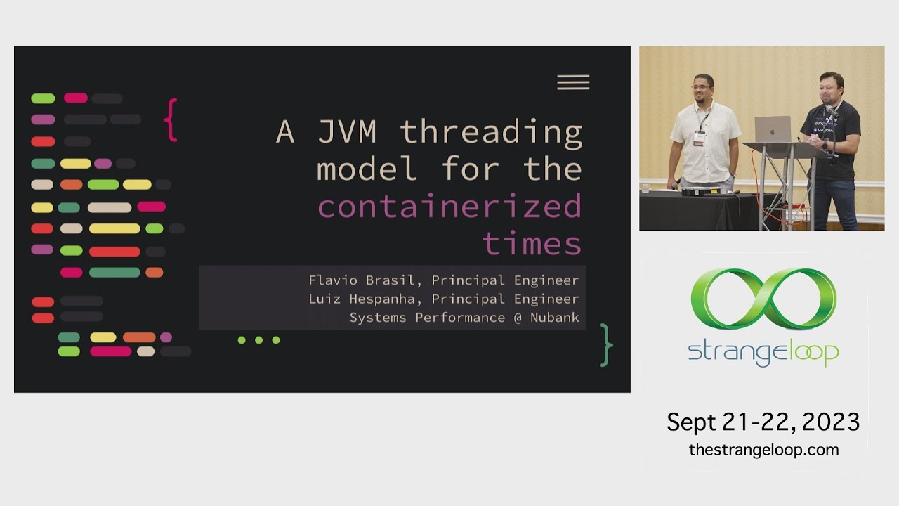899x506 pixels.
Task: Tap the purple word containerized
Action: pyautogui.click(x=449, y=207)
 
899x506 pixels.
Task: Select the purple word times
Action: pyautogui.click(x=532, y=244)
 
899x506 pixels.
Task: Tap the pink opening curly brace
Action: pyautogui.click(x=170, y=120)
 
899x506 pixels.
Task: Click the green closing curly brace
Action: pyautogui.click(x=606, y=345)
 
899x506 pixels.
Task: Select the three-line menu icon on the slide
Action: pyautogui.click(x=573, y=82)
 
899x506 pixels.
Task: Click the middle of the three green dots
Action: pyautogui.click(x=258, y=340)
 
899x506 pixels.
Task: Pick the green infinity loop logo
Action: pyautogui.click(x=763, y=299)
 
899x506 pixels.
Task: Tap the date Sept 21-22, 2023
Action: pyautogui.click(x=763, y=422)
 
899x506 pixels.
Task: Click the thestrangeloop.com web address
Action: pyautogui.click(x=763, y=450)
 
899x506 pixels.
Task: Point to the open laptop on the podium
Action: pyautogui.click(x=773, y=130)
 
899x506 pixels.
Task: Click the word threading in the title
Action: pyautogui.click(x=491, y=131)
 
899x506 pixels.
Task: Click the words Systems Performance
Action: pyautogui.click(x=427, y=318)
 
